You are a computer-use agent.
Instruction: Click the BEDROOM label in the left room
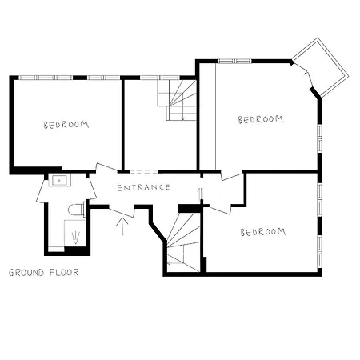point(66,125)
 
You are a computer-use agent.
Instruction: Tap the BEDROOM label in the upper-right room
point(261,119)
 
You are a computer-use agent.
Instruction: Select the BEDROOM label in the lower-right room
point(262,232)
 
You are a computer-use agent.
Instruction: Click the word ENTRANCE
point(143,187)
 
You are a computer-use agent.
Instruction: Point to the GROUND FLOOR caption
point(43,272)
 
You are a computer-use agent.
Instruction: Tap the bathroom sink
point(58,181)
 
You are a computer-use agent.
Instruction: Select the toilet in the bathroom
point(77,210)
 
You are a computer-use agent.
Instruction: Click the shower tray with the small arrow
point(75,236)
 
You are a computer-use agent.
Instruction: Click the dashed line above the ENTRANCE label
point(143,172)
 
